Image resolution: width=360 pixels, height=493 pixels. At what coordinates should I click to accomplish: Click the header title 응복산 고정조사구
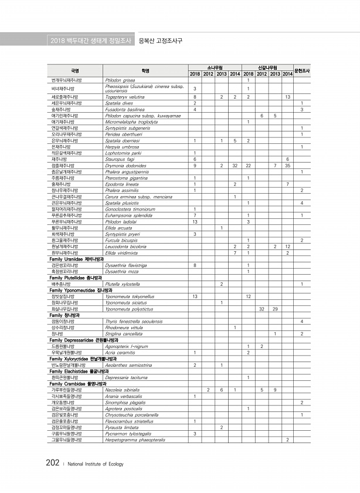coord(159,41)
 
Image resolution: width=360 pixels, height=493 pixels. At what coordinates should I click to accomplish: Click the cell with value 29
coord(275,308)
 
